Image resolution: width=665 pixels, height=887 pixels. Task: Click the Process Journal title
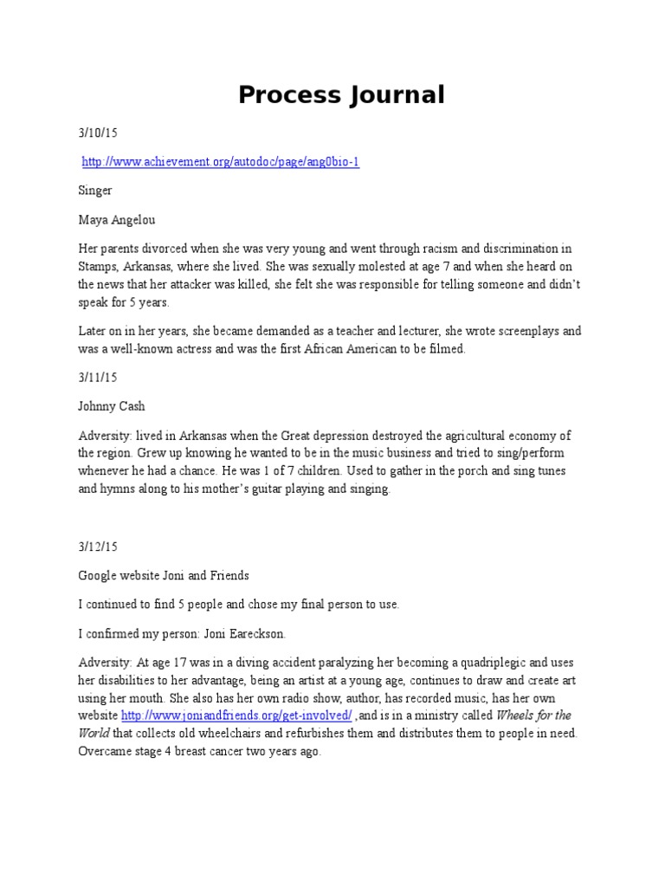[341, 95]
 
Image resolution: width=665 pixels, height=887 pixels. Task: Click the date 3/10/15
[97, 133]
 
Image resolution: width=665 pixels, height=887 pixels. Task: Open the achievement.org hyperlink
[220, 162]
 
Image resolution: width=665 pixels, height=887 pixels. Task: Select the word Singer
[95, 190]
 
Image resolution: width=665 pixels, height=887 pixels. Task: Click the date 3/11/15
[97, 379]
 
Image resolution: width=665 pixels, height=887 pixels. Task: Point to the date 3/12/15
[97, 547]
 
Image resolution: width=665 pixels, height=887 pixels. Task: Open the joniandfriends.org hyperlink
[236, 715]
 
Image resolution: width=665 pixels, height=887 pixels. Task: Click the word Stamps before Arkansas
[97, 266]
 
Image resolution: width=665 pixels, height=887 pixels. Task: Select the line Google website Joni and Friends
[164, 576]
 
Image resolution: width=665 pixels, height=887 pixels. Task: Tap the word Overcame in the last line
[106, 751]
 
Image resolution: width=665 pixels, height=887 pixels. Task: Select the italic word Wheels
[518, 715]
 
